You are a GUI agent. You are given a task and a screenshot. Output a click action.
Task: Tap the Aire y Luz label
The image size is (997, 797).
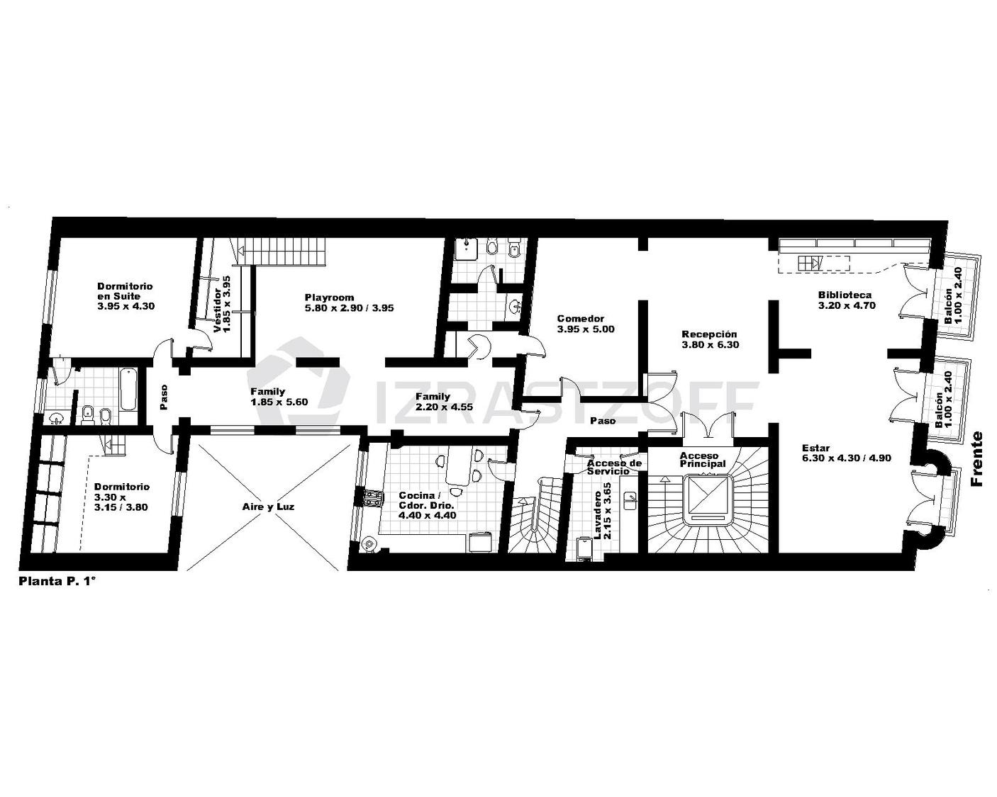pos(268,507)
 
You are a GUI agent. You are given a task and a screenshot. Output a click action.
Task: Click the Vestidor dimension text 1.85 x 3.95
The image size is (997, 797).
pos(226,304)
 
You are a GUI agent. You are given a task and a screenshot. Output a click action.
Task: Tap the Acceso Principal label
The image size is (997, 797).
pos(702,460)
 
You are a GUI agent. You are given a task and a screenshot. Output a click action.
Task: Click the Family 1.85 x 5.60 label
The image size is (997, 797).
pos(279,397)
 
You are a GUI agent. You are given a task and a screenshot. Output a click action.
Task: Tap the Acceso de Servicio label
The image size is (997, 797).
pos(614,467)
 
